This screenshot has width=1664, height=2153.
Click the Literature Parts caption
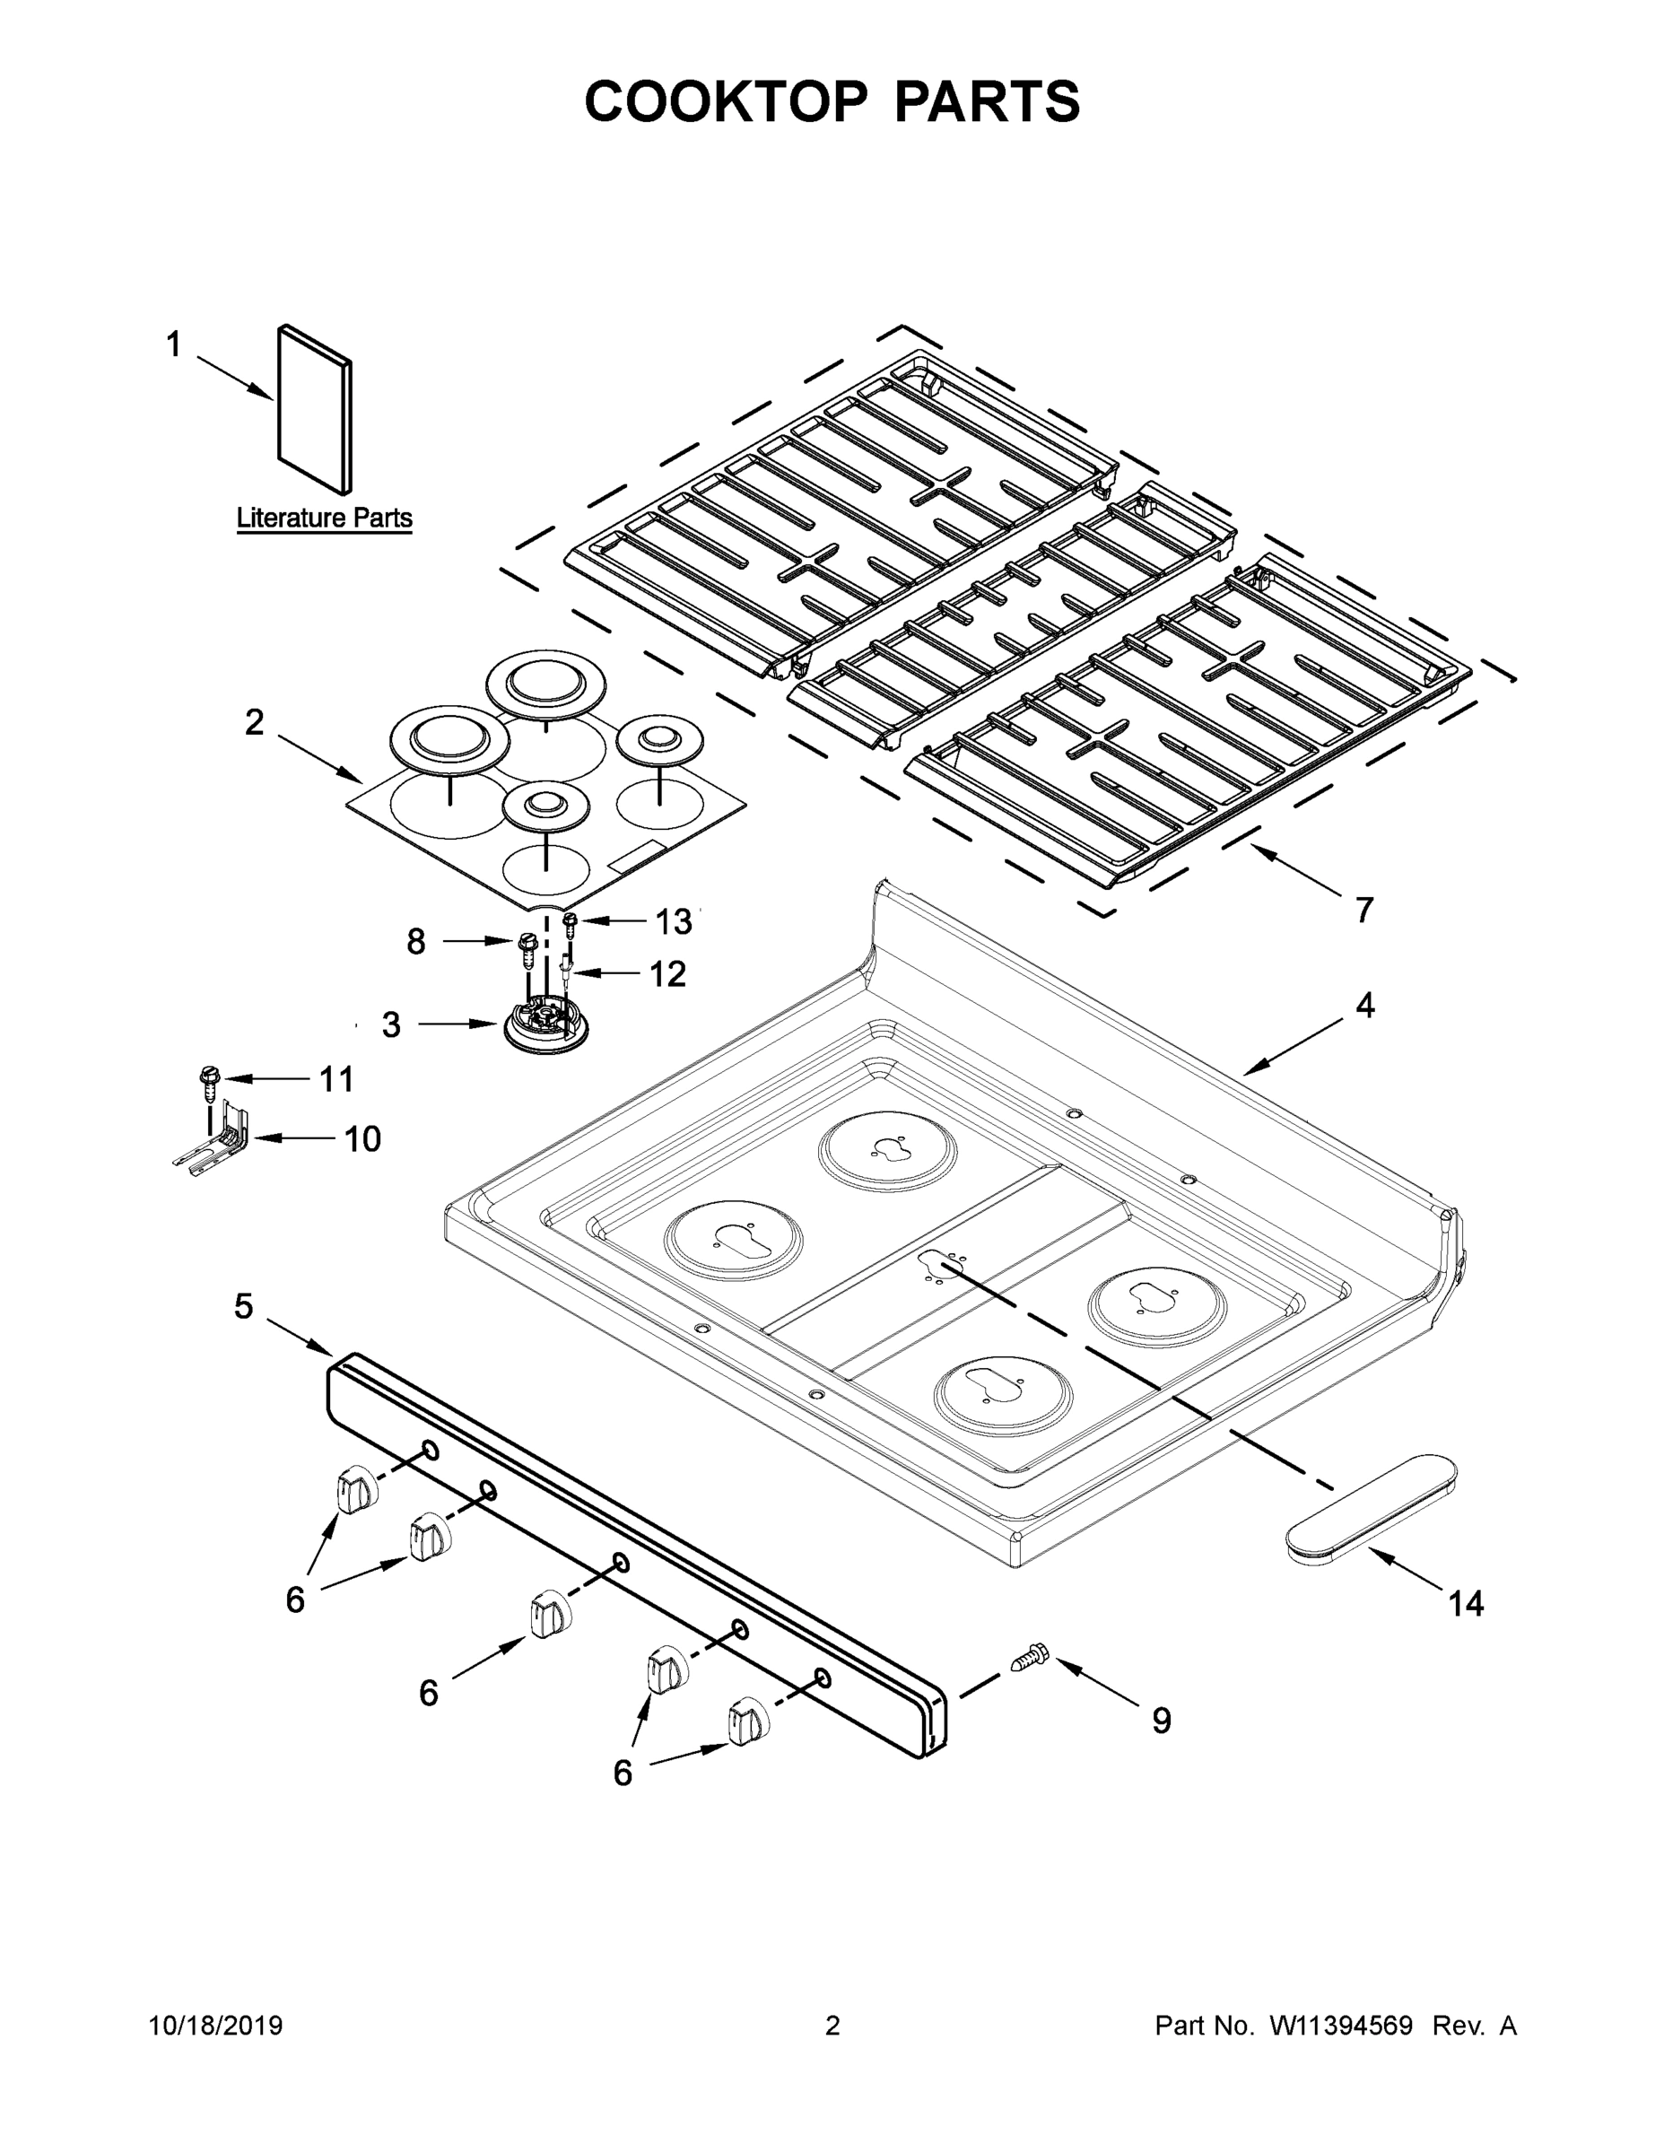tap(325, 518)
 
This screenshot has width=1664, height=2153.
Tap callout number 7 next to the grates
tap(1364, 909)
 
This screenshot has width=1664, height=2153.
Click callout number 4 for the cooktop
tap(1364, 1005)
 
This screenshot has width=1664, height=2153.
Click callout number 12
tap(667, 974)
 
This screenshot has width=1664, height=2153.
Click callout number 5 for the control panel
tap(243, 1306)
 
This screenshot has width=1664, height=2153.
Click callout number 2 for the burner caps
tap(255, 722)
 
